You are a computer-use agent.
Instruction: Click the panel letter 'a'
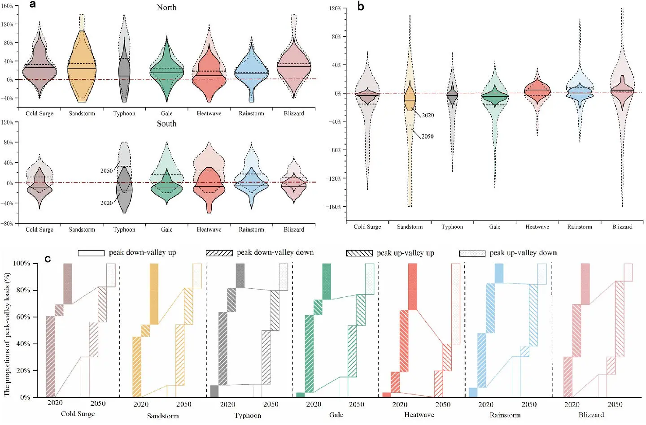[32, 5]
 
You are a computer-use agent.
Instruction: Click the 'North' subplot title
[166, 7]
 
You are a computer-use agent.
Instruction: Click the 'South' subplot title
[166, 124]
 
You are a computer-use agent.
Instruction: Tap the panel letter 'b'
[361, 6]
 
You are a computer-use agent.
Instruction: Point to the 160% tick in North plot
[7, 6]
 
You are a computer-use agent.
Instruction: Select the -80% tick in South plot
[7, 223]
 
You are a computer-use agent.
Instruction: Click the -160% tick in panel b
[335, 207]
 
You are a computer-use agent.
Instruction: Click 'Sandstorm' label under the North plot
[82, 113]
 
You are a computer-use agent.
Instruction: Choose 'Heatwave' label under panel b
[537, 227]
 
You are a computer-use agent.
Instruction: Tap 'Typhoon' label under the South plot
[124, 230]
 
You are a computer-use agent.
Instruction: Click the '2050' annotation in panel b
[428, 136]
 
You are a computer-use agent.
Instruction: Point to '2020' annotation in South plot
[106, 203]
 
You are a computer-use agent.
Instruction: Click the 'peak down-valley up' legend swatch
[91, 253]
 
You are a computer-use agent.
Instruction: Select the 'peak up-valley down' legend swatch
[472, 253]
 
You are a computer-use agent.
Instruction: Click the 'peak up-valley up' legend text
[405, 253]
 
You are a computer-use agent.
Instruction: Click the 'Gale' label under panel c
[336, 415]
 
